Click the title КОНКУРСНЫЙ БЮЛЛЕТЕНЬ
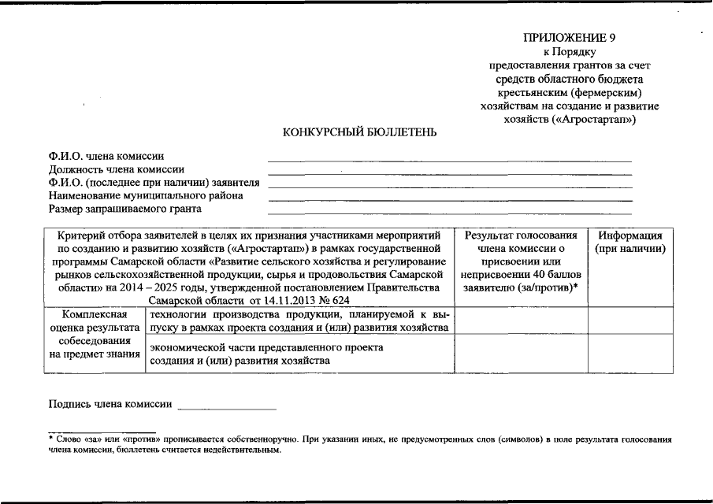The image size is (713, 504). click(x=360, y=132)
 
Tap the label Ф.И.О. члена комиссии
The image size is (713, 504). click(x=106, y=157)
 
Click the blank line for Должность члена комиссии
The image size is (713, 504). click(x=449, y=172)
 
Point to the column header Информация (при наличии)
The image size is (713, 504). click(x=630, y=242)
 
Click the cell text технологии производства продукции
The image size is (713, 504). click(x=236, y=314)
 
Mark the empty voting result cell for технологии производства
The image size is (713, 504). click(x=521, y=321)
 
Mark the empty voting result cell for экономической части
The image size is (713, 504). click(x=521, y=353)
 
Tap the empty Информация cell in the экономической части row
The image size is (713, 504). click(x=630, y=353)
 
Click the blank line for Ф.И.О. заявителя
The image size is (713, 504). click(x=449, y=184)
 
